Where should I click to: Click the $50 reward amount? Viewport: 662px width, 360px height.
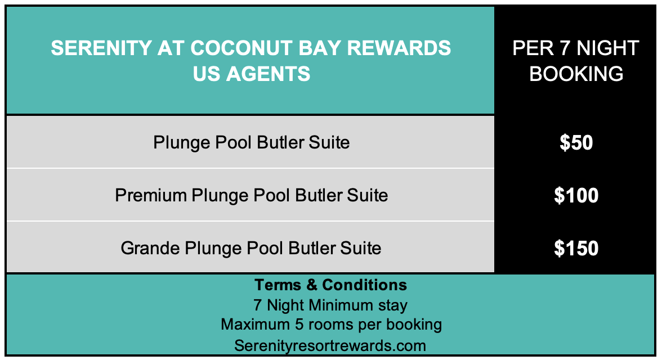[x=576, y=143]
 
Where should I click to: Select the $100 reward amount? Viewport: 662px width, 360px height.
[x=576, y=195]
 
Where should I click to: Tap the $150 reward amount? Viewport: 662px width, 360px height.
[x=576, y=248]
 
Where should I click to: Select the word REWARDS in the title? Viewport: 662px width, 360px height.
[x=399, y=48]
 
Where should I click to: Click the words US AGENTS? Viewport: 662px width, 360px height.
[x=252, y=74]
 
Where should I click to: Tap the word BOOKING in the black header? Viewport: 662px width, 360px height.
[x=576, y=74]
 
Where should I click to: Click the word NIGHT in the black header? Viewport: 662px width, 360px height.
[x=607, y=48]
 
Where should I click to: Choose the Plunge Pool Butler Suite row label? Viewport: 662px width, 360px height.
[x=251, y=143]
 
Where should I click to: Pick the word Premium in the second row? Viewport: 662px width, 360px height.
[x=151, y=195]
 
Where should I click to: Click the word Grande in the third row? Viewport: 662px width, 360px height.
[x=150, y=248]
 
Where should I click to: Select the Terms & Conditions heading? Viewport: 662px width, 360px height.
[x=330, y=285]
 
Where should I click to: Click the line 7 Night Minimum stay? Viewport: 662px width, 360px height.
[x=330, y=305]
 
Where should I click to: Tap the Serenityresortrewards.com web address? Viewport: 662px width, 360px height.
[x=330, y=345]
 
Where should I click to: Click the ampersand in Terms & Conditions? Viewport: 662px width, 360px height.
[x=312, y=285]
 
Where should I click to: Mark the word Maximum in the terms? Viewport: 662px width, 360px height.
[x=255, y=325]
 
